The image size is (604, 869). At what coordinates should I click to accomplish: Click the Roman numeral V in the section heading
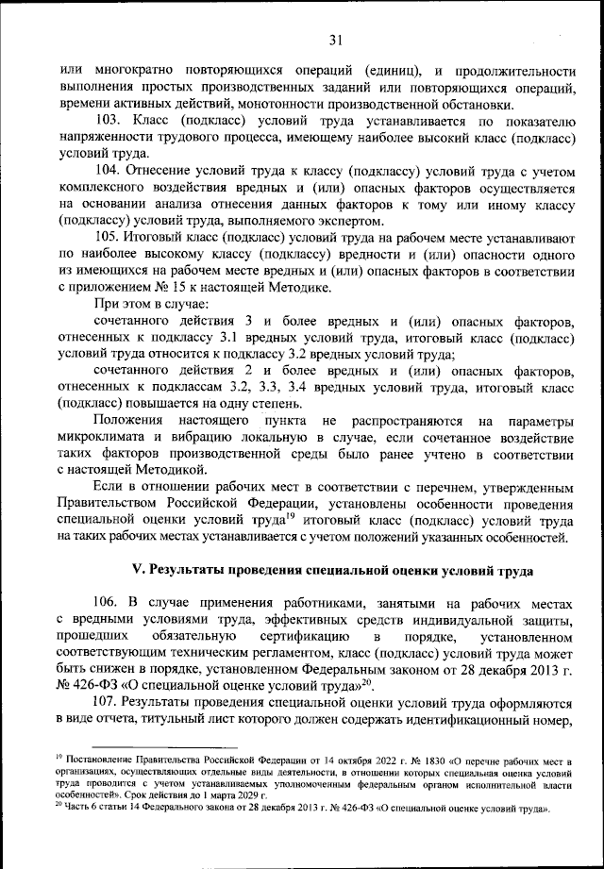pyautogui.click(x=133, y=570)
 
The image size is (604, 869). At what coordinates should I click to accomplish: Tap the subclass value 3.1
pyautogui.click(x=230, y=338)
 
